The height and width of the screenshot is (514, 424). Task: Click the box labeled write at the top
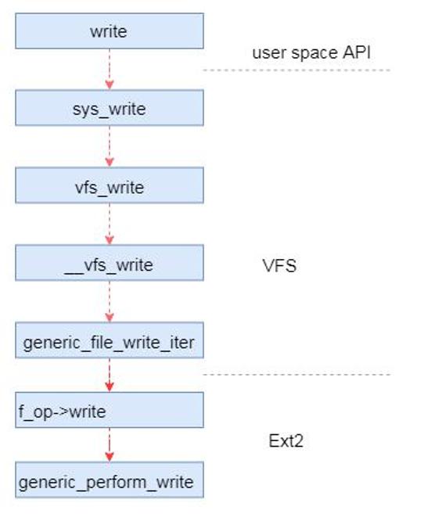(110, 31)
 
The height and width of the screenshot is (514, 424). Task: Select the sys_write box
(110, 108)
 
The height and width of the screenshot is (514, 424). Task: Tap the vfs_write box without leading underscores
(110, 185)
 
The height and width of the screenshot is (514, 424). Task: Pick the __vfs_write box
(110, 263)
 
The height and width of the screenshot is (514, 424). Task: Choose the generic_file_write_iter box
(110, 340)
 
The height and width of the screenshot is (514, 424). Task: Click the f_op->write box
(110, 410)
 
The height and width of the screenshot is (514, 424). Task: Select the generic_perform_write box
(110, 480)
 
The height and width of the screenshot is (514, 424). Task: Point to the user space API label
(311, 53)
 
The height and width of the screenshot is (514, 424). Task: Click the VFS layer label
(279, 265)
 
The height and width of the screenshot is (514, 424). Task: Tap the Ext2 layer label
(286, 441)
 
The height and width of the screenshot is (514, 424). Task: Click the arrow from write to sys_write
(110, 70)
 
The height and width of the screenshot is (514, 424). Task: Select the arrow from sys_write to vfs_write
(110, 146)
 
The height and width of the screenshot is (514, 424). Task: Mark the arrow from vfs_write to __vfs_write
(110, 224)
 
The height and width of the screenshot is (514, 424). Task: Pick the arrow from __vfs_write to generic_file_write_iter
(110, 301)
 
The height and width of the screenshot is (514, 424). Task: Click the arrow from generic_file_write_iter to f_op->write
(110, 375)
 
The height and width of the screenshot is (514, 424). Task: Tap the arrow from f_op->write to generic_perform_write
(110, 445)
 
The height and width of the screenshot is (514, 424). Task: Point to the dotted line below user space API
(296, 70)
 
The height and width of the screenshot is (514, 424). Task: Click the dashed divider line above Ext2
(296, 375)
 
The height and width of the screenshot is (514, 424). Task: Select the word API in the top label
(357, 52)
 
